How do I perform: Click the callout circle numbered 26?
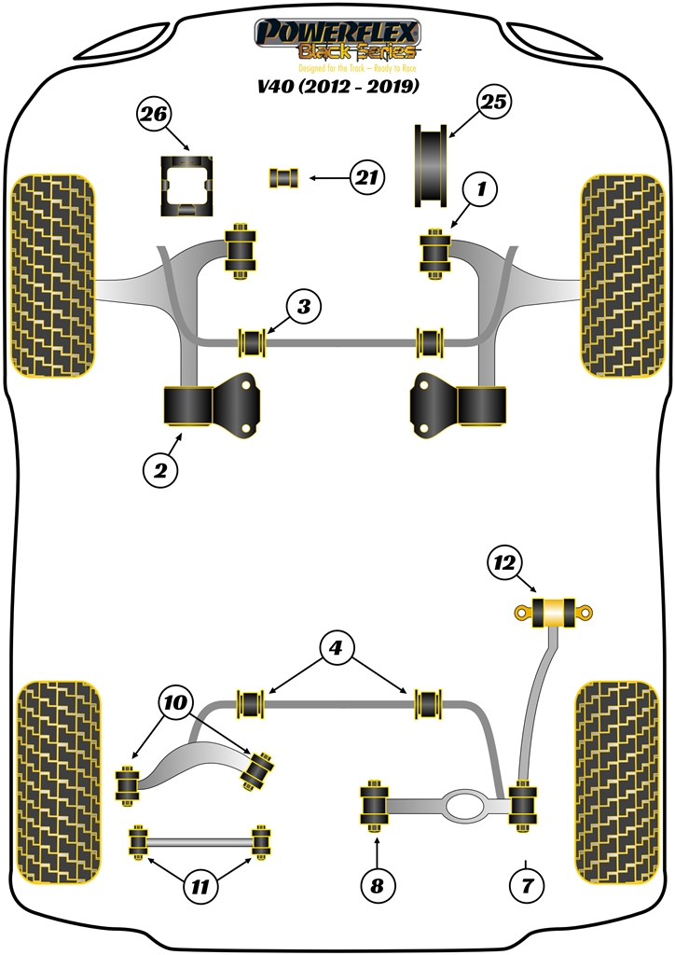[x=155, y=116]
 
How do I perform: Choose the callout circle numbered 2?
[x=160, y=472]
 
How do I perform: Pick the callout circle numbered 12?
[x=505, y=562]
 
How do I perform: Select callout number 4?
[x=337, y=646]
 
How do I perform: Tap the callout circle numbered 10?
[x=178, y=703]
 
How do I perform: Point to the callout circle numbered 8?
[x=377, y=886]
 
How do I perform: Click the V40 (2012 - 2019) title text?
[x=337, y=88]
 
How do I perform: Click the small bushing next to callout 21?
[x=283, y=176]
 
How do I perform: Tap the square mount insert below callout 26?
[x=189, y=187]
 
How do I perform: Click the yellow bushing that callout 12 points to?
[x=555, y=612]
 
